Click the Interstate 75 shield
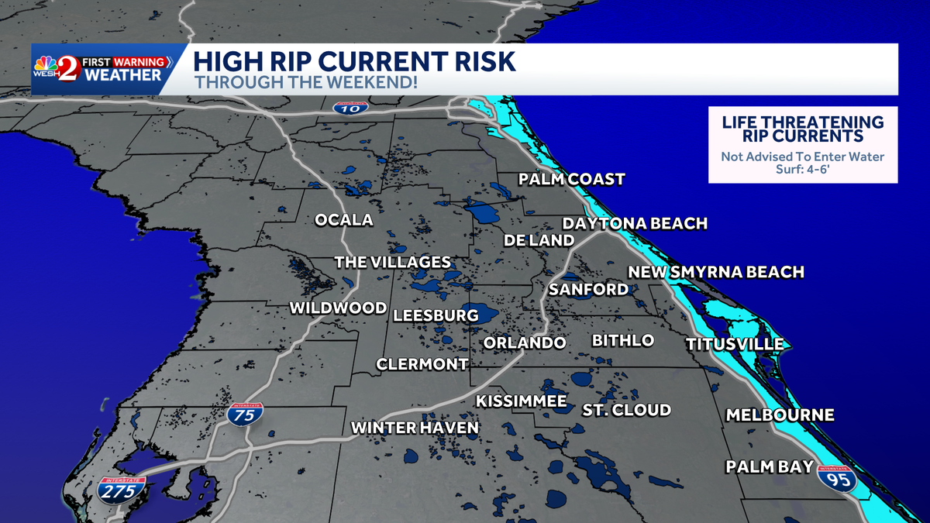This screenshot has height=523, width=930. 245,414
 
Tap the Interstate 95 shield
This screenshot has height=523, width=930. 839,478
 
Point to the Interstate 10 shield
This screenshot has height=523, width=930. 351,107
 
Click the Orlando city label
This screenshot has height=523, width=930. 524,342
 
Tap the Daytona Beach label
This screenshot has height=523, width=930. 635,223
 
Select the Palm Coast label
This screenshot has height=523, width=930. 571,180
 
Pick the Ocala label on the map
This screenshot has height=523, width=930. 343,220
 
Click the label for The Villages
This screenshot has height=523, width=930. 392,262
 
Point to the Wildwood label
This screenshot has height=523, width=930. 338,308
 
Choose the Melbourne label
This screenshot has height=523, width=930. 780,415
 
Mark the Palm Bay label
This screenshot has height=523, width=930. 770,466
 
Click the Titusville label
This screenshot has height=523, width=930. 735,344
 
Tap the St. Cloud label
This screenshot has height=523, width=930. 626,410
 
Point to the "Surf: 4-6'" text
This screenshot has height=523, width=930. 803,170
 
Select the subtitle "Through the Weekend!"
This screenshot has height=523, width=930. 305,81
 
